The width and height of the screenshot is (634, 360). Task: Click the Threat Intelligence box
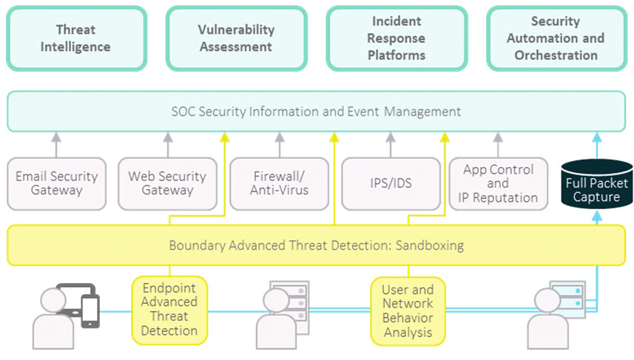click(x=76, y=38)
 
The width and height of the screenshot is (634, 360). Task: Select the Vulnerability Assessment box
click(x=237, y=38)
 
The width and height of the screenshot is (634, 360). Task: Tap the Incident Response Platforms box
click(x=397, y=38)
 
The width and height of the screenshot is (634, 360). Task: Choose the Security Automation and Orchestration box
click(x=556, y=38)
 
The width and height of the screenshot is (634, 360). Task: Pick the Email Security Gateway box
click(x=57, y=183)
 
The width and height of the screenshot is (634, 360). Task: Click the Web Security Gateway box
click(x=167, y=183)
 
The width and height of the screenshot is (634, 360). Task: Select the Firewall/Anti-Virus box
click(x=280, y=183)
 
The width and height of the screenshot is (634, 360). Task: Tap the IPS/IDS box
click(x=391, y=183)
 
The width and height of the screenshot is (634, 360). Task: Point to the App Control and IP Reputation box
click(x=498, y=183)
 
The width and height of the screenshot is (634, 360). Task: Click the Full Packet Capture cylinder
click(x=597, y=184)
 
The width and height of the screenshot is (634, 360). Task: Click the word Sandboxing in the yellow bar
click(x=429, y=245)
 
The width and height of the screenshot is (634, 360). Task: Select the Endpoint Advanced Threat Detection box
click(x=169, y=310)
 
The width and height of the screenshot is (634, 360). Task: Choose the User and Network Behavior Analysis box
click(x=408, y=311)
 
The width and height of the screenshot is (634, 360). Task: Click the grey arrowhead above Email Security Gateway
click(x=56, y=137)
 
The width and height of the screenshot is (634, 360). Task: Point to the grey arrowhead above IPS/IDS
click(x=390, y=137)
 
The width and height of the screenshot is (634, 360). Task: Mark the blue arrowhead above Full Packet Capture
click(x=597, y=137)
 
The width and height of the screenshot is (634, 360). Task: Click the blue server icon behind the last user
click(x=569, y=299)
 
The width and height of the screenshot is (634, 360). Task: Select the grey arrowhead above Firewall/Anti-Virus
click(x=280, y=137)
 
